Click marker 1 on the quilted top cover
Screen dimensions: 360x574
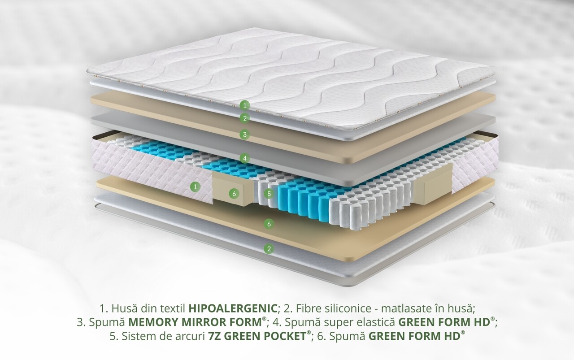(244, 106)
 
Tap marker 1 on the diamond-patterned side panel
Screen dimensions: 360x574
(195, 186)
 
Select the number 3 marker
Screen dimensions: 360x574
(244, 134)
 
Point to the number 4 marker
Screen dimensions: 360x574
(244, 158)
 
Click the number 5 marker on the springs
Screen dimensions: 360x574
(269, 194)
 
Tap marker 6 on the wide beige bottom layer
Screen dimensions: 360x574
(269, 224)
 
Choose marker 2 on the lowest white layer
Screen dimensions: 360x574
(269, 248)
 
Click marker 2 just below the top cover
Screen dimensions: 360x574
(244, 118)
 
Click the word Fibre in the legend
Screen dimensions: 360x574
(304, 308)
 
